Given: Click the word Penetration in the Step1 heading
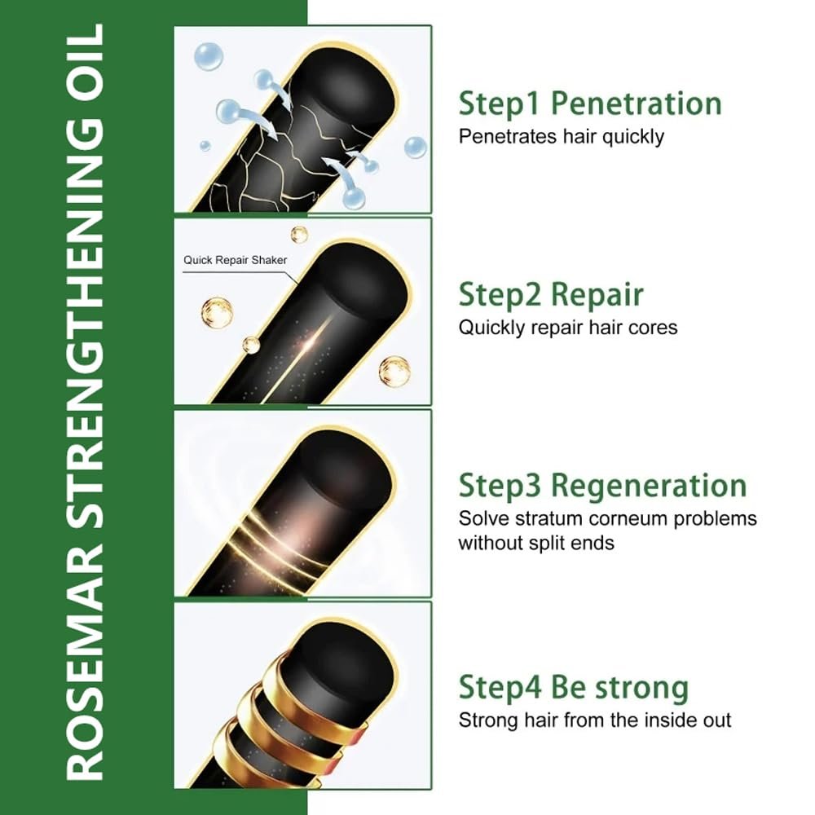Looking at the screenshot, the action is (x=637, y=104).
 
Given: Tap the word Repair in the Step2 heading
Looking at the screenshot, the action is (x=597, y=295).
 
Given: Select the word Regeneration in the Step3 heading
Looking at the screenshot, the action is (x=649, y=487).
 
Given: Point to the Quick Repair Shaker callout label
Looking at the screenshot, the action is (x=235, y=260).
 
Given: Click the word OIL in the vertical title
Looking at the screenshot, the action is (x=86, y=63).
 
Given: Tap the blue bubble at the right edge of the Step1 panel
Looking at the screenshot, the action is (x=416, y=148).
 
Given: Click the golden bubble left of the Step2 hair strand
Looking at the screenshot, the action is (x=217, y=312).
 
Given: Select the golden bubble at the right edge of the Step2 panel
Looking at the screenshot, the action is (x=394, y=371).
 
